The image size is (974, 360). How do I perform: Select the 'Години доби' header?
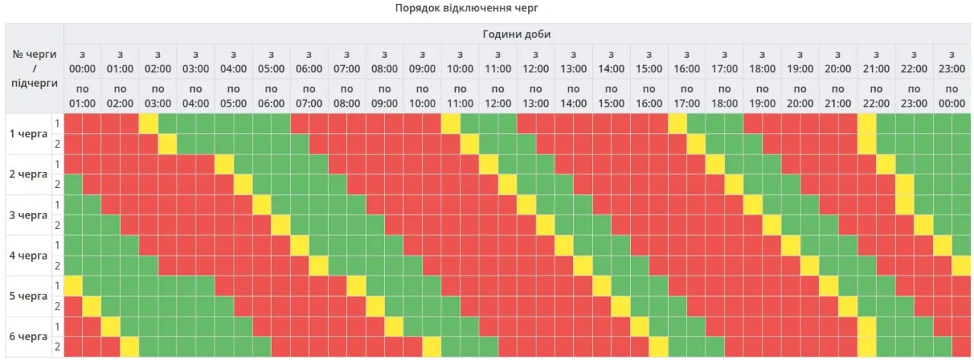pyautogui.click(x=517, y=34)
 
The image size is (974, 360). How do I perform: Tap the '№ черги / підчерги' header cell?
pyautogui.click(x=34, y=68)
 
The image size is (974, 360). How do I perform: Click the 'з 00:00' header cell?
pyautogui.click(x=82, y=62)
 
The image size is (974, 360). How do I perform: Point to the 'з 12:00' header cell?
pyautogui.click(x=536, y=62)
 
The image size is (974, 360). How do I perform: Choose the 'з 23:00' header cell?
pyautogui.click(x=952, y=62)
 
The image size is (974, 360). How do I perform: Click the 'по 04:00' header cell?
pyautogui.click(x=196, y=96)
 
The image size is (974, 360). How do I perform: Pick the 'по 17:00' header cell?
pyautogui.click(x=686, y=96)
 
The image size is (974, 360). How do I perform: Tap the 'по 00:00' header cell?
pyautogui.click(x=952, y=96)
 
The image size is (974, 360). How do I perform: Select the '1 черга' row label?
pyautogui.click(x=27, y=134)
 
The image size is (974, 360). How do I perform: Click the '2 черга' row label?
pyautogui.click(x=27, y=174)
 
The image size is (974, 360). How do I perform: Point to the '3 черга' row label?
pyautogui.click(x=27, y=215)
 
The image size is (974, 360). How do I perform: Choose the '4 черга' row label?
pyautogui.click(x=27, y=256)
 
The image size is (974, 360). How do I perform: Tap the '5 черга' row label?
pyautogui.click(x=27, y=296)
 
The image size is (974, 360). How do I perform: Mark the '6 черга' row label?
pyautogui.click(x=27, y=336)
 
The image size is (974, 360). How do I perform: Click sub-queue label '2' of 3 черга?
pyautogui.click(x=56, y=225)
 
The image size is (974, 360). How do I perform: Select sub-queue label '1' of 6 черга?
pyautogui.click(x=56, y=327)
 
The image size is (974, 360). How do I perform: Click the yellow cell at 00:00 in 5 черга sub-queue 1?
pyautogui.click(x=73, y=286)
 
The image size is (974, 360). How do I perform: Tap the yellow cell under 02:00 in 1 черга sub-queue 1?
pyautogui.click(x=148, y=123)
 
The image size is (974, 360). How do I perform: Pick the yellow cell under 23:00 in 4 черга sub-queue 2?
pyautogui.click(x=962, y=266)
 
